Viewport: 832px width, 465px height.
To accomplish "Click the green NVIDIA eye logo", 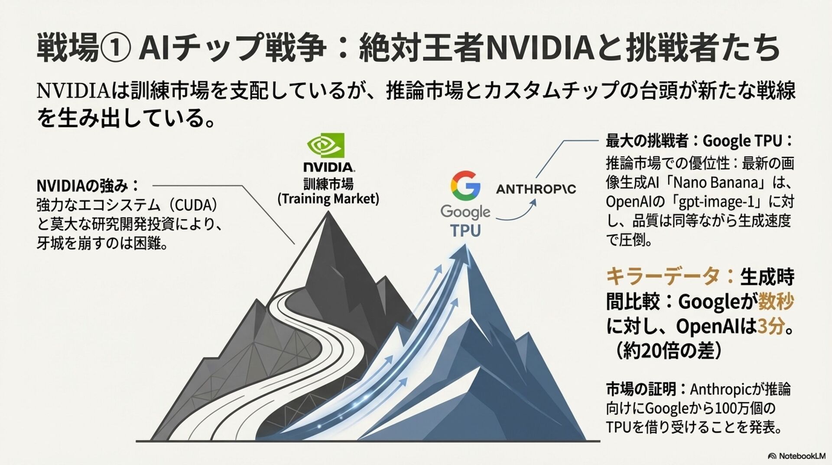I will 325,145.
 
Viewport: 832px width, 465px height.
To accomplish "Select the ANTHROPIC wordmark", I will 536,189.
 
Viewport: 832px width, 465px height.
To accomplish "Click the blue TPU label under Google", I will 465,231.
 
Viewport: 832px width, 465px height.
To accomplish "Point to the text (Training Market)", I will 328,199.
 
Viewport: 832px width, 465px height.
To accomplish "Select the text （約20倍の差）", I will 668,351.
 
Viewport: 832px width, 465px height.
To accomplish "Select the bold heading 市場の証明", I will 641,389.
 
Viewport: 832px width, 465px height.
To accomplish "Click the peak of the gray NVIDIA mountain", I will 328,213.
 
